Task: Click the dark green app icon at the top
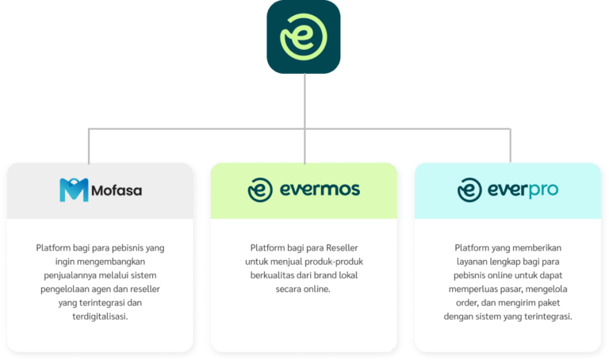[x=304, y=38]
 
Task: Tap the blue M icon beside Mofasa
[x=74, y=190]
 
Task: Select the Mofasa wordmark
[x=117, y=190]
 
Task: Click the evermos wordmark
[x=320, y=190]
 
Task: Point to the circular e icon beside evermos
[x=261, y=190]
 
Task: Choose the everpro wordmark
[x=523, y=190]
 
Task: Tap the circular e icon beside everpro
[x=470, y=190]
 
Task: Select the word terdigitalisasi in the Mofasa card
[x=99, y=317]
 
